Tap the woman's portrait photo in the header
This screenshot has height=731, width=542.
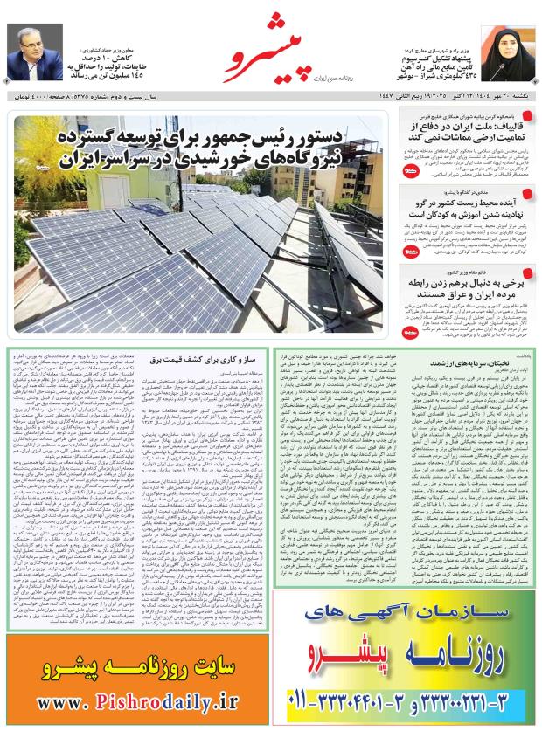(x=510, y=50)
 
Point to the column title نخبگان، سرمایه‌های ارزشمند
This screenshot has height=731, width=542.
(x=464, y=360)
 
